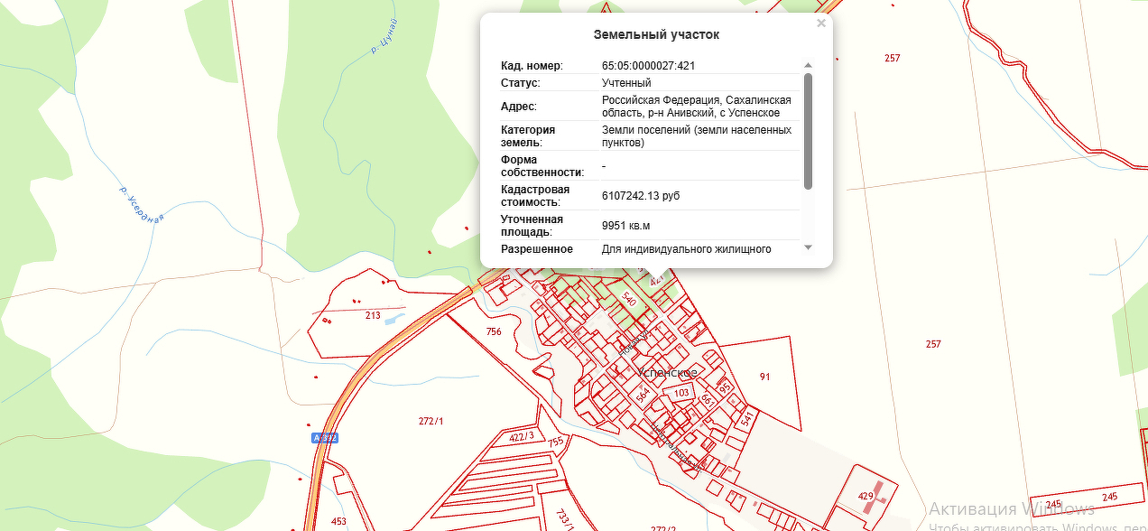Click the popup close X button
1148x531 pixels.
tap(821, 23)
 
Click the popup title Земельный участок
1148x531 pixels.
tap(656, 35)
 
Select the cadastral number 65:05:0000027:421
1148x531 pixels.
tap(648, 66)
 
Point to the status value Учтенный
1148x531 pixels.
tap(626, 83)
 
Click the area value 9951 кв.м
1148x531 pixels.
tap(625, 225)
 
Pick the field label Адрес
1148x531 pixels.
tap(519, 107)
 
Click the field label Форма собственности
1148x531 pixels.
tap(542, 166)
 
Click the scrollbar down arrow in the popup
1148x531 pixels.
tap(808, 247)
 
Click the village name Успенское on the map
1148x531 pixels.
tap(667, 372)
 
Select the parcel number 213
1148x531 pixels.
tap(373, 315)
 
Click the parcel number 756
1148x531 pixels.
tap(494, 332)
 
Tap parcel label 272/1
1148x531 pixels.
tap(432, 421)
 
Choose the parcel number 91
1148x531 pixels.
tap(764, 377)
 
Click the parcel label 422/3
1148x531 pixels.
tap(523, 437)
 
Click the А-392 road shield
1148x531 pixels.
tap(324, 438)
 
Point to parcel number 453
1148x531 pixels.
tap(338, 521)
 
